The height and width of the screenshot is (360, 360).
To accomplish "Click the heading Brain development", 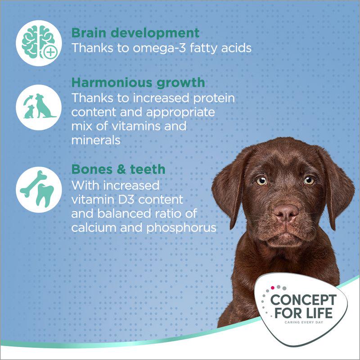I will [x=135, y=33].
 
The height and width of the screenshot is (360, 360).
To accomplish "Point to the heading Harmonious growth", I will [x=138, y=83].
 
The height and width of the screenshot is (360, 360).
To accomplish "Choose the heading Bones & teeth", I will [x=118, y=169].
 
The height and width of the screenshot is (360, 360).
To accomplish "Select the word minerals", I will [x=96, y=140].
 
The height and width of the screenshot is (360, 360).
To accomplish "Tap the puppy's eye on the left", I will [x=262, y=181].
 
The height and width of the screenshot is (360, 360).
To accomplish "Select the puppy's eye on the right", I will [x=309, y=180].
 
